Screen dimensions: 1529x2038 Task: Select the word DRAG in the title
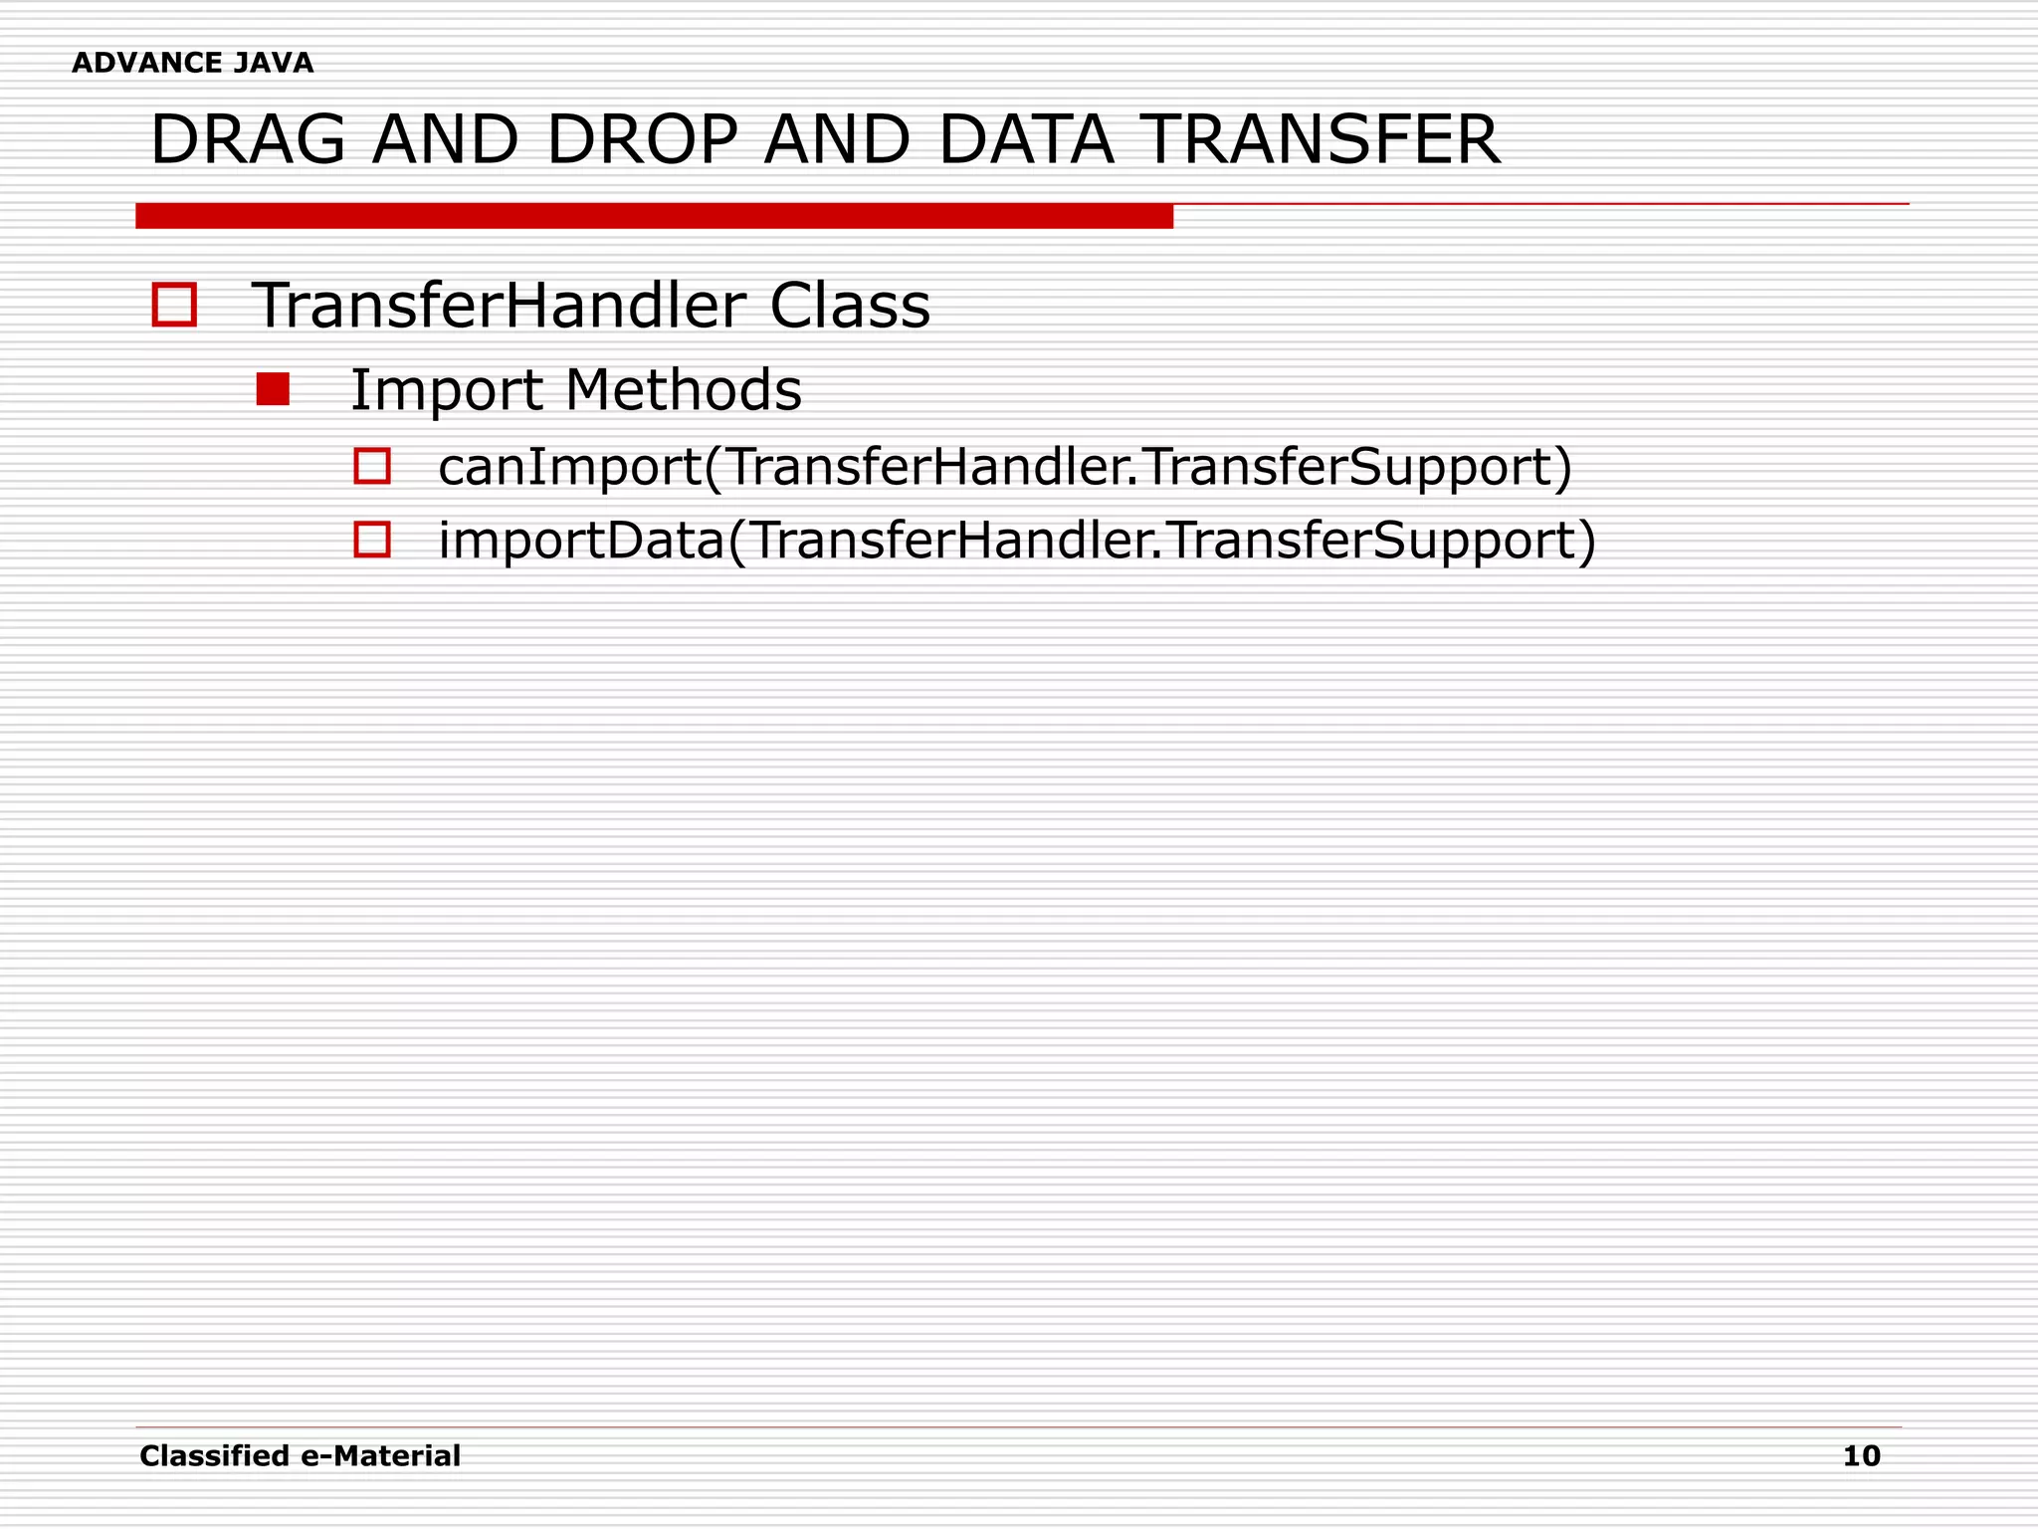tap(248, 140)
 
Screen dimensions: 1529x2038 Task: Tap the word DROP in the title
tap(642, 140)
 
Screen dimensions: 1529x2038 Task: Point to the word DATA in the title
tap(1026, 140)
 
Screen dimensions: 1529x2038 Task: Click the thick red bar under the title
tap(654, 216)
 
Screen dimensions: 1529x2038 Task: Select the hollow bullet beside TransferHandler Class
tap(174, 305)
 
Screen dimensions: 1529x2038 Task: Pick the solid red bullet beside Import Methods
tap(273, 389)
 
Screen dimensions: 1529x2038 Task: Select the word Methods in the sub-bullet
tap(683, 389)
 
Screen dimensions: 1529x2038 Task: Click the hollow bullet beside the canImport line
tap(372, 466)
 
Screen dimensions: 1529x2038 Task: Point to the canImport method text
tap(1005, 467)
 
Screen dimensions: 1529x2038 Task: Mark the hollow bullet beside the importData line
tap(372, 540)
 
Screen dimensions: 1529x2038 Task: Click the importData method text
tap(1017, 542)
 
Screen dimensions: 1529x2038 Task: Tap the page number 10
tap(1861, 1456)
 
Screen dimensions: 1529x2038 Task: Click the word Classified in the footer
tap(215, 1456)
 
